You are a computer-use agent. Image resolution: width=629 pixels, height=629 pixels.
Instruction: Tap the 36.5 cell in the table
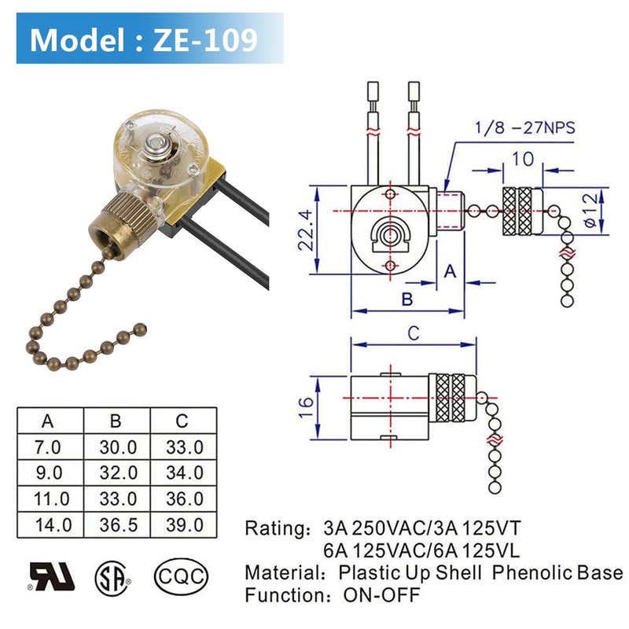pos(118,524)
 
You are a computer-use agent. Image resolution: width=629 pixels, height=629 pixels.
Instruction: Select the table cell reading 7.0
pos(47,447)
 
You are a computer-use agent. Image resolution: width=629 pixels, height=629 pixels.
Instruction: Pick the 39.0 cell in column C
pos(185,524)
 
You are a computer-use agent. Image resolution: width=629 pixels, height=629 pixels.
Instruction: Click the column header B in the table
pos(117,421)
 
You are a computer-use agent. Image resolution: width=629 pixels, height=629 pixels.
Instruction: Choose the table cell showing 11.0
pos(47,498)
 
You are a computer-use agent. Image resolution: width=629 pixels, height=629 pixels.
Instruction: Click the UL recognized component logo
pos(52,576)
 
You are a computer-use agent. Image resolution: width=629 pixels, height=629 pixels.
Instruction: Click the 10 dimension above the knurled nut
pos(522,158)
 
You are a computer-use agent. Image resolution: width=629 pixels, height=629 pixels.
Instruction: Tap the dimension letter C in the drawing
pos(413,333)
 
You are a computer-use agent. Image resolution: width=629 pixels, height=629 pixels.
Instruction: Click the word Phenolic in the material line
pos(532,572)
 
